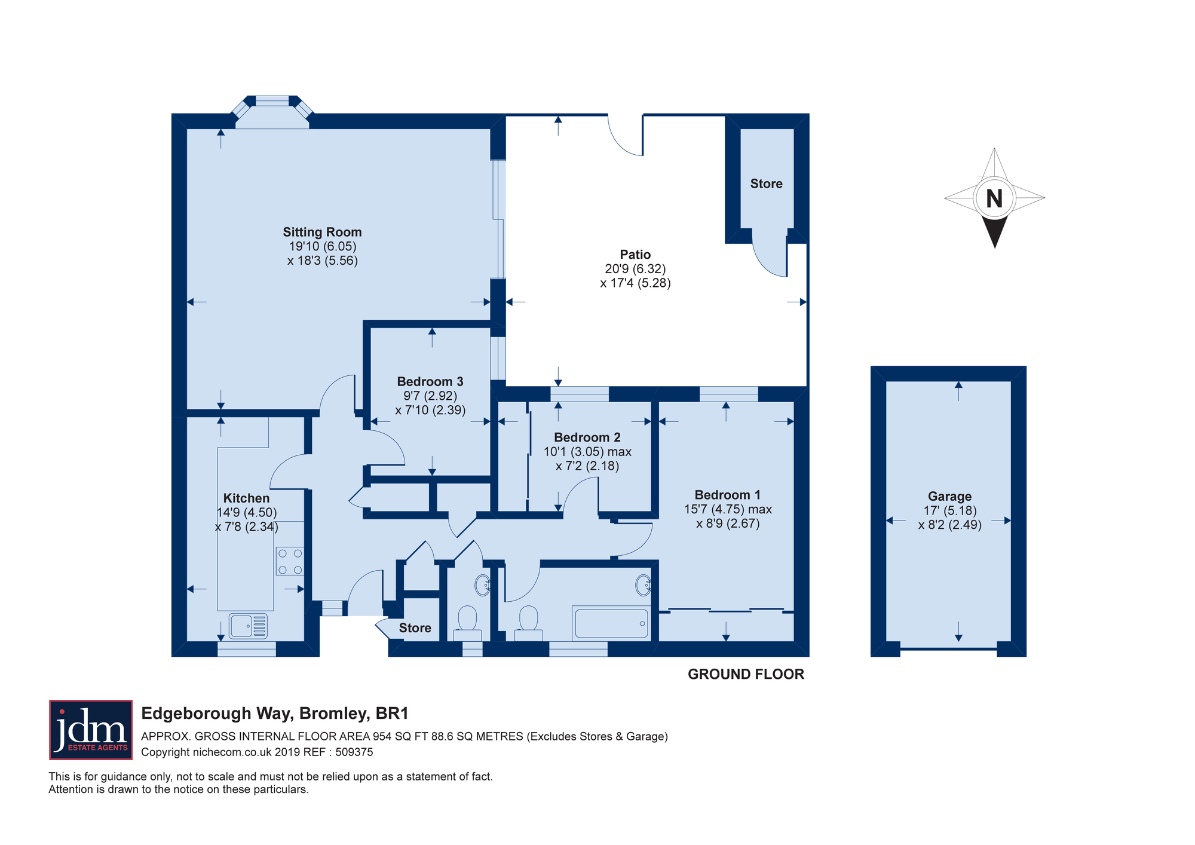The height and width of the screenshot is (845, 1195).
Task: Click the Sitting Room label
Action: (322, 232)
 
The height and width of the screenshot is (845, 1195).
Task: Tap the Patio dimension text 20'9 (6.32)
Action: (635, 269)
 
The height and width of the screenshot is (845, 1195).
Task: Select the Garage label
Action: (949, 496)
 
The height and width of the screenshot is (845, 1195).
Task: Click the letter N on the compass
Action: (994, 198)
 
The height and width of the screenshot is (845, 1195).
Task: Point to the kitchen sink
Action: (248, 626)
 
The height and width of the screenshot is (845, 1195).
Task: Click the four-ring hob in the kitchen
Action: (290, 561)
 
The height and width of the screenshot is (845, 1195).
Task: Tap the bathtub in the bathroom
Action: (611, 623)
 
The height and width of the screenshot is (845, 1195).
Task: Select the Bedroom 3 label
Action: (430, 381)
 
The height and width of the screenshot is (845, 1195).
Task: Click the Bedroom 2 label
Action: (587, 437)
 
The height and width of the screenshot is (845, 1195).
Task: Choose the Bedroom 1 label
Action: (728, 495)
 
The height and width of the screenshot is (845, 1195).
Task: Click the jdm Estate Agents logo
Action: (91, 730)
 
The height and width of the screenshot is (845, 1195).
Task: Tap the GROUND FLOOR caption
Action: (746, 674)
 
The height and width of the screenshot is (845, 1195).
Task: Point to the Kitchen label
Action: (246, 498)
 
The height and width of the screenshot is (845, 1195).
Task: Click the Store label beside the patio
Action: (767, 183)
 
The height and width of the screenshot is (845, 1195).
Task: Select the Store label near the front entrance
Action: (415, 627)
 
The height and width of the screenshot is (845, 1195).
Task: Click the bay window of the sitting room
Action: (272, 112)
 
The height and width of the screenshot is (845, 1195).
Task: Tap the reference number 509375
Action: (354, 752)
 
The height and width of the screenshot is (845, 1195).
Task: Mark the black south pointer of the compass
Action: (995, 232)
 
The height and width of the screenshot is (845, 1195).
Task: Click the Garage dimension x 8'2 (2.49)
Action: (950, 525)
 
